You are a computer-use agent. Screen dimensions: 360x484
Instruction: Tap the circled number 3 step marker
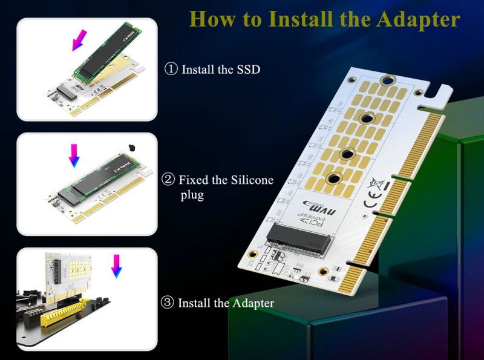coord(168,303)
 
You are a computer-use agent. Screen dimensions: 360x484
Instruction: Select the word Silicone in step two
coord(250,180)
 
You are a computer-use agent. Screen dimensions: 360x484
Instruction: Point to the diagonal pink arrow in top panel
coord(78,41)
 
